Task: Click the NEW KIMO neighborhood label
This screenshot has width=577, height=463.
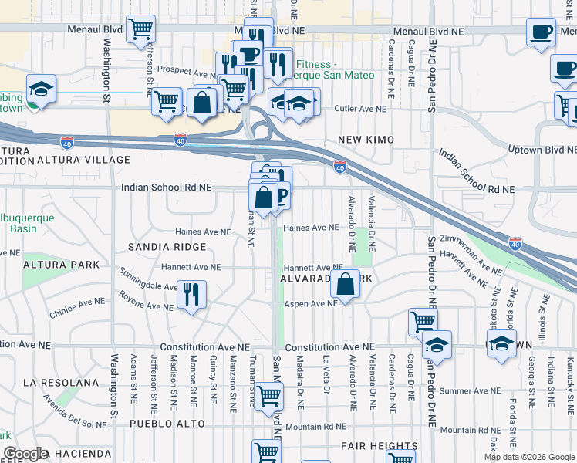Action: pos(366,140)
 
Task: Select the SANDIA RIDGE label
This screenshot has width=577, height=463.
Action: pos(168,247)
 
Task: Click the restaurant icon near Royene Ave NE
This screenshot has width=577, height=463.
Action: pos(191,295)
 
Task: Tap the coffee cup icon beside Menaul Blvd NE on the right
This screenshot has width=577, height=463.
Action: pos(541,32)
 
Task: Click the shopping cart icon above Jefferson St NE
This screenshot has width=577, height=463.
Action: pos(140,29)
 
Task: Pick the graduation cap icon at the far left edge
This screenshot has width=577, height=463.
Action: pos(41,87)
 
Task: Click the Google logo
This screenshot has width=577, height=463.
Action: pos(25,455)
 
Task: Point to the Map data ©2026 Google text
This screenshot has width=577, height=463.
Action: pos(528,457)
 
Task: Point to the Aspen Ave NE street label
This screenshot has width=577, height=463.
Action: pos(312,304)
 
